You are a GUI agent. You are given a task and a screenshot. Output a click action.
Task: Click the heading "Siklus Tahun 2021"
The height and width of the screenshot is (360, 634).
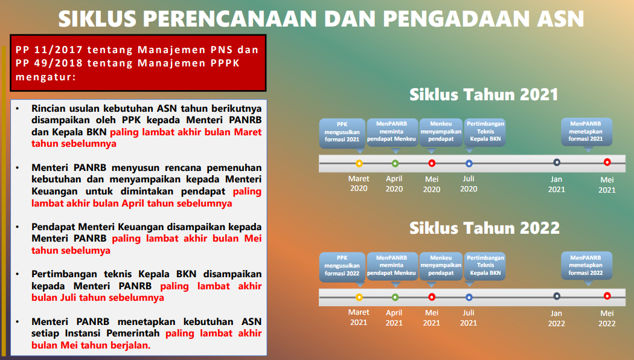[484, 95]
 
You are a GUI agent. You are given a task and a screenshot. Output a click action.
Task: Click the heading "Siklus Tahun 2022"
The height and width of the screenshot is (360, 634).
[484, 228]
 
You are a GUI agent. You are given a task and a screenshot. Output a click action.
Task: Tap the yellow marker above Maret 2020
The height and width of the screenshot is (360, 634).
[359, 163]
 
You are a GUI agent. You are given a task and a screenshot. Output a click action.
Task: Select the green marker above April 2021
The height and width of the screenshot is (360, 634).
[395, 297]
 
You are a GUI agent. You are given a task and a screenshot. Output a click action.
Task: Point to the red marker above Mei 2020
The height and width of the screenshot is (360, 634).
[432, 163]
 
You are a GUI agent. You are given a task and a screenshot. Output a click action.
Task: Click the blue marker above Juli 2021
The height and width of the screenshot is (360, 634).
[469, 297]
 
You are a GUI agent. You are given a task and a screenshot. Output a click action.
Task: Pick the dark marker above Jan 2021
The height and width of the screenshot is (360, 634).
[557, 162]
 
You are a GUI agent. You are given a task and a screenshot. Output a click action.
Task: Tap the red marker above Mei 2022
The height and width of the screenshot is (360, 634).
[607, 295]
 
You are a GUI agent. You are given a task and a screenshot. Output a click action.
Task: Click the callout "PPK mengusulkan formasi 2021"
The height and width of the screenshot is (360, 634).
[342, 132]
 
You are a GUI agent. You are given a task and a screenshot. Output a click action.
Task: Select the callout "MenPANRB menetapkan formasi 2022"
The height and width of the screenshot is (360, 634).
[586, 265]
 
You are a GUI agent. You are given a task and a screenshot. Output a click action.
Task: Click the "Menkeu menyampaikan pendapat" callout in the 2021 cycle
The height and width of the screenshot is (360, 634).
[441, 132]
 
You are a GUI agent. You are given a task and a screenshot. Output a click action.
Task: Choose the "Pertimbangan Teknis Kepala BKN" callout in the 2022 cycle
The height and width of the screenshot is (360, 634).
[485, 265]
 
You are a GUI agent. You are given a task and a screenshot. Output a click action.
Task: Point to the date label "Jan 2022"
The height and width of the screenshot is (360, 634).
[556, 318]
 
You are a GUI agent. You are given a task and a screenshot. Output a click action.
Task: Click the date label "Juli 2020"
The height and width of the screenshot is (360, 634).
[469, 184]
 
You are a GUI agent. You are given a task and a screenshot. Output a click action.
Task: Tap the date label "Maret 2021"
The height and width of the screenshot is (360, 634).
[359, 317]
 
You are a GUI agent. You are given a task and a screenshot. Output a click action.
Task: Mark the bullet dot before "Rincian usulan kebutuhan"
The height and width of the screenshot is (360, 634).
[18, 108]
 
